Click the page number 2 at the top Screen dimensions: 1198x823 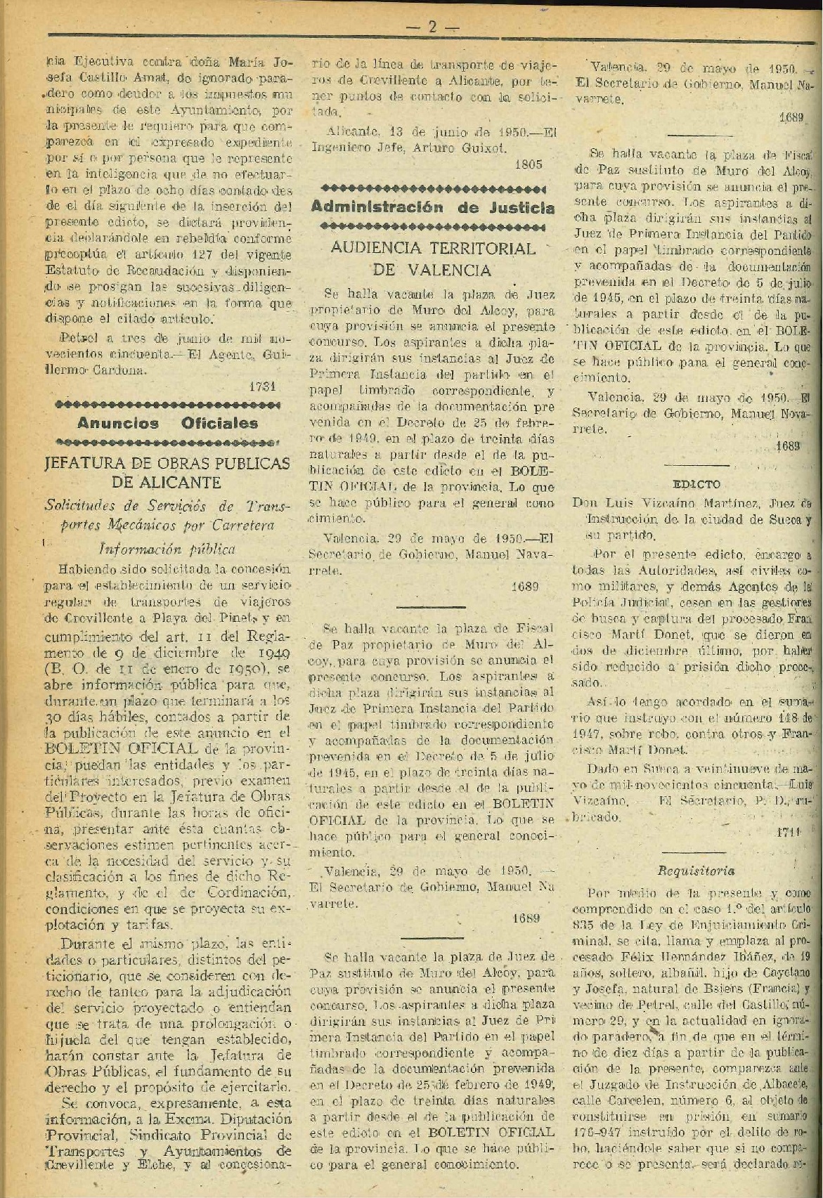[x=432, y=27]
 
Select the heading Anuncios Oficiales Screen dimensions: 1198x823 [x=167, y=423]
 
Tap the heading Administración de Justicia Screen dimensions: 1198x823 [x=432, y=207]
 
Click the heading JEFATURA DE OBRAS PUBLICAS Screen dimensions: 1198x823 [x=167, y=463]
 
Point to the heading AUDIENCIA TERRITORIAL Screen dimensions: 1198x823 [x=433, y=248]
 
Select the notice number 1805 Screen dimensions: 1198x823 [x=528, y=164]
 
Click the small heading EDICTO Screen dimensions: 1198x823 [x=696, y=484]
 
